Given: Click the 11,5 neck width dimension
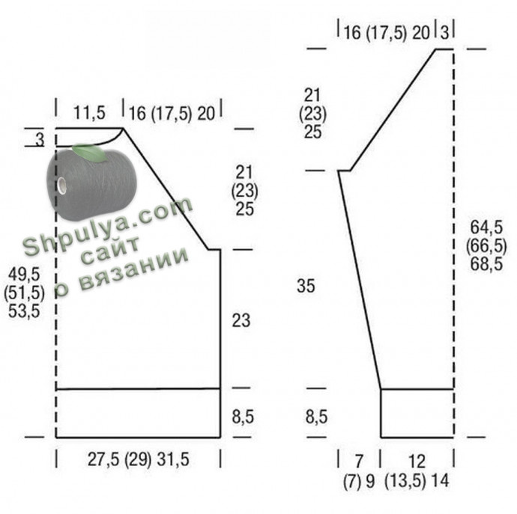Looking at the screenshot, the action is coord(89,113).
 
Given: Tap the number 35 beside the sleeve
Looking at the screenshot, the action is coord(306,286).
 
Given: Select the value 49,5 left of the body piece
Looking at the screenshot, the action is coord(24,274).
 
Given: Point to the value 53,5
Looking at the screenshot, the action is coord(24,310).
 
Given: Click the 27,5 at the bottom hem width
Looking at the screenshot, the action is coord(103,459).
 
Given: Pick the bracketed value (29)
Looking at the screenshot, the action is coord(138,459).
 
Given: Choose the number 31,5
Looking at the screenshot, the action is coord(173,459).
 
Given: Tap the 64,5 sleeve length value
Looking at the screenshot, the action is coord(486,227).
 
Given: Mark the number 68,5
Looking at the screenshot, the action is coord(486,264).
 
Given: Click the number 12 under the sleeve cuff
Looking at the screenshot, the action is coord(417,462).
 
